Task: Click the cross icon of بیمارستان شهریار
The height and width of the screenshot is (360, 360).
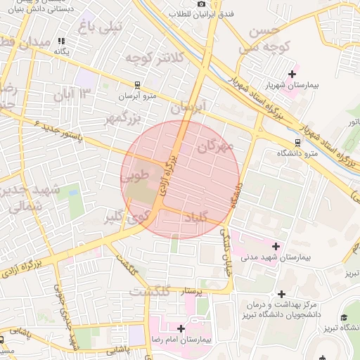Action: tap(292, 74)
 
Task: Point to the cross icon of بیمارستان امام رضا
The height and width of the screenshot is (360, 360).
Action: tap(181, 328)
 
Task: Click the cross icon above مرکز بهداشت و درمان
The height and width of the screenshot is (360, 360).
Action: tap(282, 294)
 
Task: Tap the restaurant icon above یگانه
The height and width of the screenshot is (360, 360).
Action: tap(62, 41)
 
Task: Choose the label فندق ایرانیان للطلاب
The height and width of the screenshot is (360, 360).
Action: tap(201, 14)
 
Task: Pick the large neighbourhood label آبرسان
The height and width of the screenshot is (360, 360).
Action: tap(186, 108)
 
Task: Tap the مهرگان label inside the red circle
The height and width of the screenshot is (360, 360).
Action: tap(215, 147)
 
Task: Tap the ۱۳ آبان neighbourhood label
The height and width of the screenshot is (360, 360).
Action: tap(76, 94)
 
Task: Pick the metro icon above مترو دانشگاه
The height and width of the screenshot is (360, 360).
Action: tap(297, 141)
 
